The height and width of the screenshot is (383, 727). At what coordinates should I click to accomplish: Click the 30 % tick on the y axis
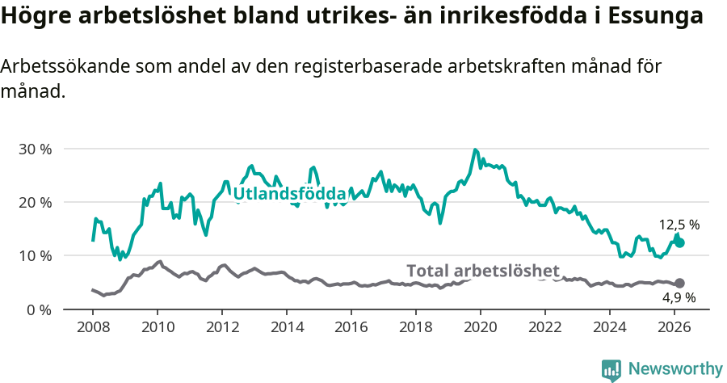pos(35,149)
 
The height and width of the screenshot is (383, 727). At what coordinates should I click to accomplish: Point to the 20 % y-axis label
pos(35,202)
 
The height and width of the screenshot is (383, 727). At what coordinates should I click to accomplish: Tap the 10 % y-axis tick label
pos(35,255)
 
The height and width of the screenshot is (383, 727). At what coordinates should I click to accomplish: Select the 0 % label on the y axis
pos(39,309)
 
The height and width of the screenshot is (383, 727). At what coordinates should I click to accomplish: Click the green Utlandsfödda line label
pos(289,194)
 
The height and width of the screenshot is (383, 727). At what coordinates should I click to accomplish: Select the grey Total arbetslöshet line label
pos(483,271)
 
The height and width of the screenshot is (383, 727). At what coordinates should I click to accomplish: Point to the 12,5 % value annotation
pos(679,225)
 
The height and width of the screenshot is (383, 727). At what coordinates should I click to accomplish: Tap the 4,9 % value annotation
pos(679,297)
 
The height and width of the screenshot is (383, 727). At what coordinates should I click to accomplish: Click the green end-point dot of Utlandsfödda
pos(679,242)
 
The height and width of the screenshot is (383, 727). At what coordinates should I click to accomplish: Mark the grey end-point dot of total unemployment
pos(679,283)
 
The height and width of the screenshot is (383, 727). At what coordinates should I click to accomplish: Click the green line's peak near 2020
pos(475,149)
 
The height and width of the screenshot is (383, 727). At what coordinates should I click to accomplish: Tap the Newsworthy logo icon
pos(611,369)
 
